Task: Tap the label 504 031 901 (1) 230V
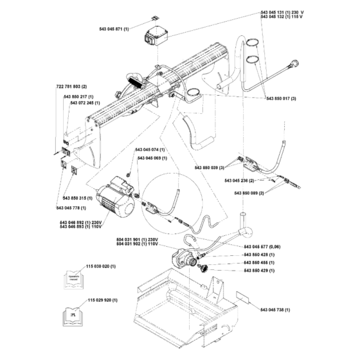click(x=136, y=240)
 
